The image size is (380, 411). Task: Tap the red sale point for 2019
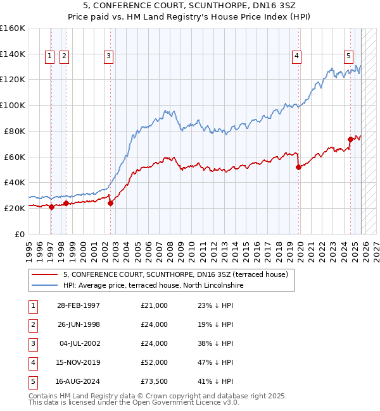click(x=299, y=167)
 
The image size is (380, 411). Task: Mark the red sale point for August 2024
click(x=350, y=139)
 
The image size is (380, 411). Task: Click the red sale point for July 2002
click(x=110, y=204)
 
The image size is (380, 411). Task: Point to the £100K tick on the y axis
click(x=14, y=105)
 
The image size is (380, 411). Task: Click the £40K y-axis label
click(x=14, y=182)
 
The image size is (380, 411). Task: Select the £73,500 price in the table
click(x=154, y=381)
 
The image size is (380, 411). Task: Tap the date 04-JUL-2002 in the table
click(x=78, y=343)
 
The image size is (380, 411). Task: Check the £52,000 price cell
click(x=154, y=362)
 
